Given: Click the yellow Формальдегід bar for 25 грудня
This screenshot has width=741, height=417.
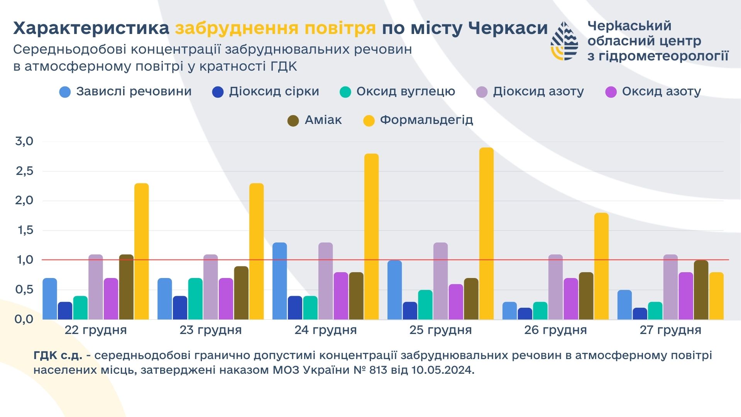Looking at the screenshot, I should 486,234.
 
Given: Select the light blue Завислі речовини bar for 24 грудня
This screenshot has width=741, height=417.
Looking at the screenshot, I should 279,281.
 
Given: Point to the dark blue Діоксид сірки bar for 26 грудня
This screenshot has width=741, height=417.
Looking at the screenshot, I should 524,314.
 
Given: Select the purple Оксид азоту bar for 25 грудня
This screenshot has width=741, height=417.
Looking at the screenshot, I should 455,302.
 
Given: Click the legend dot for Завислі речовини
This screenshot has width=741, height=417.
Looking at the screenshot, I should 65,92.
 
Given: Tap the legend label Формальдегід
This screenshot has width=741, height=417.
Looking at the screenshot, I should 426,120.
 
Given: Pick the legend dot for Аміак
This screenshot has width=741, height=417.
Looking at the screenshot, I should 293,121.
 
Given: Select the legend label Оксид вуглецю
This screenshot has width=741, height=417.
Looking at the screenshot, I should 406,92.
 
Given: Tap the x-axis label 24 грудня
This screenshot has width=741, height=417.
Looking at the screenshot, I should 325,330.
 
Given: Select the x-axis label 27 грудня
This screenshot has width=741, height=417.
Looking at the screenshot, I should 670,330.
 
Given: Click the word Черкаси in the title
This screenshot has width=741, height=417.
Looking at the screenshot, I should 508,28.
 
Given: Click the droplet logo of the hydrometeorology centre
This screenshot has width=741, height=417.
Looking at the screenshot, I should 564,41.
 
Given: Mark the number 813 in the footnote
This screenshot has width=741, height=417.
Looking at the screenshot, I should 378,370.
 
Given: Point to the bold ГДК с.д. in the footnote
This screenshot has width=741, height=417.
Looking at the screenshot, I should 58,355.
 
